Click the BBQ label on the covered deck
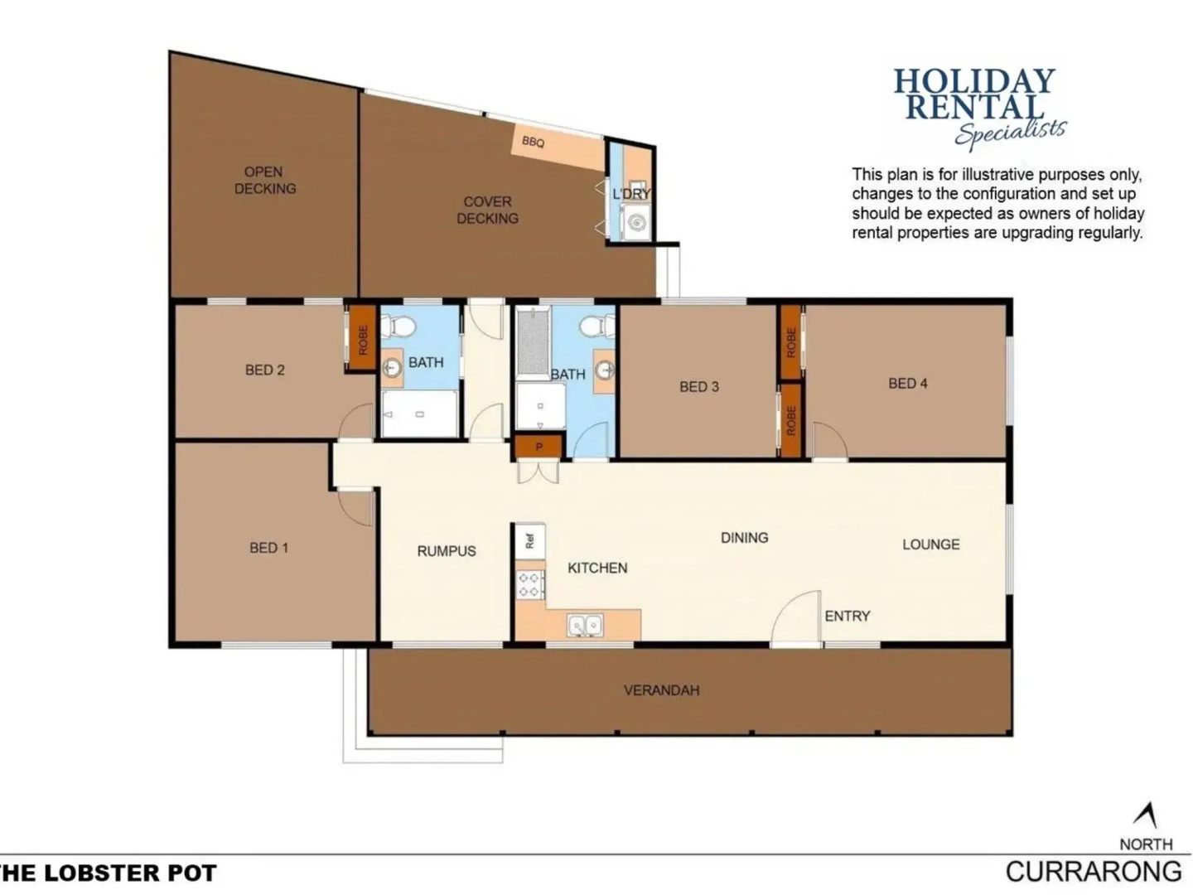point(532,142)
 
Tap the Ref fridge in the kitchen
point(529,541)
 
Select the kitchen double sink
point(584,625)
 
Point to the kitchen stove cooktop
point(529,585)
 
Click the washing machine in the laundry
point(635,222)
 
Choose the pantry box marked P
point(539,447)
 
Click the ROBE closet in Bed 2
point(363,340)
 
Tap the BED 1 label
point(268,548)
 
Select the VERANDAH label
point(661,690)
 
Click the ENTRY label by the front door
point(847,616)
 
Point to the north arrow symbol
point(1146,816)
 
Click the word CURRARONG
point(1094,872)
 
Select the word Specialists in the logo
point(1011,133)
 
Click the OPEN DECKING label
point(264,180)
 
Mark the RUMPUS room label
point(447,551)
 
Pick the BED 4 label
point(908,384)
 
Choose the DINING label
point(744,538)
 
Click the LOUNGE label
point(930,544)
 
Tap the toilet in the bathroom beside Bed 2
point(397,327)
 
